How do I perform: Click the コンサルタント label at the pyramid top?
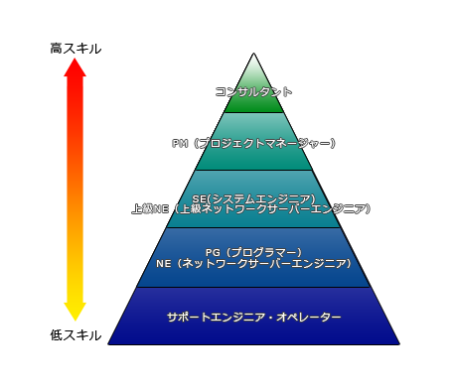coord(254,91)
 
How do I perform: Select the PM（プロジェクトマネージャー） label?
coord(254,144)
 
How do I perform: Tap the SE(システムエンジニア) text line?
coord(254,198)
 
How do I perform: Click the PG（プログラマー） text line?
coord(254,252)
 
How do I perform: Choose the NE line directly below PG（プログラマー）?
coord(254,264)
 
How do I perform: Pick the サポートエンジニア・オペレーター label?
coord(254,317)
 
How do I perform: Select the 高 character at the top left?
coord(57,48)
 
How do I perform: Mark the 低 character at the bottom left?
coord(57,335)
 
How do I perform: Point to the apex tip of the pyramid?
coord(254,54)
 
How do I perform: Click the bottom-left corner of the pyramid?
coord(109,343)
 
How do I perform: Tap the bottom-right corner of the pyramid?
coord(399,343)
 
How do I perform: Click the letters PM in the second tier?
coord(181,144)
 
